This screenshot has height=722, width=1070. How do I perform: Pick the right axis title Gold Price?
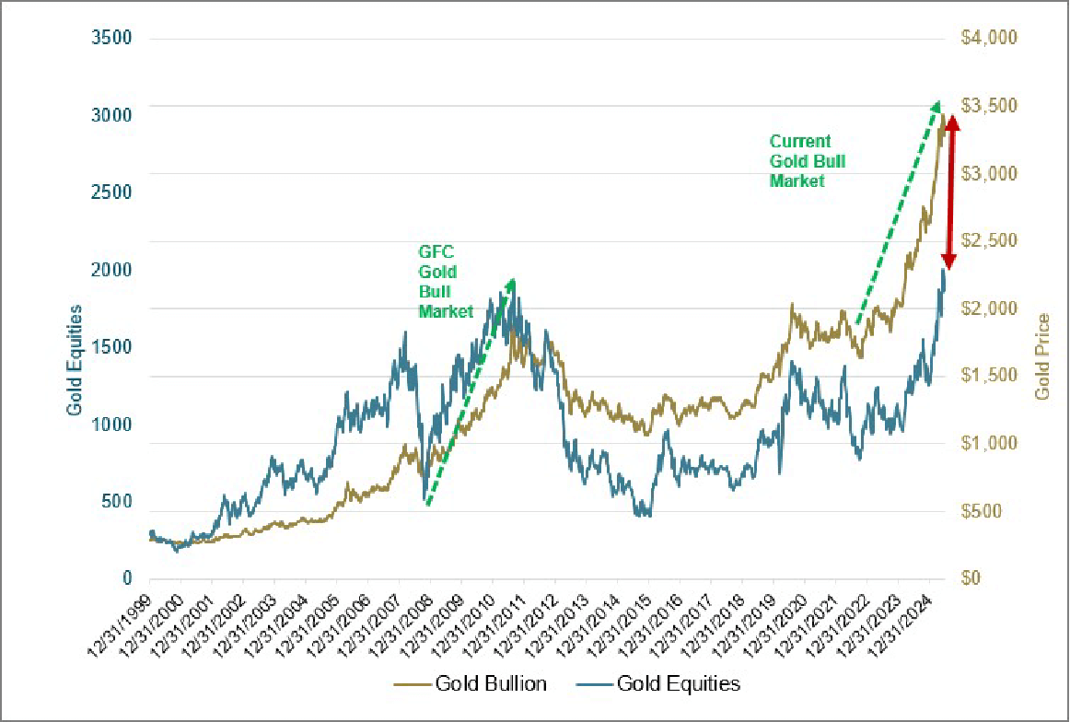coord(1042,356)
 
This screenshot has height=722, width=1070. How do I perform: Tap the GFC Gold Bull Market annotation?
coord(446,280)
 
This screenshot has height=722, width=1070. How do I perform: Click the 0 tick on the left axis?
coord(128,578)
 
